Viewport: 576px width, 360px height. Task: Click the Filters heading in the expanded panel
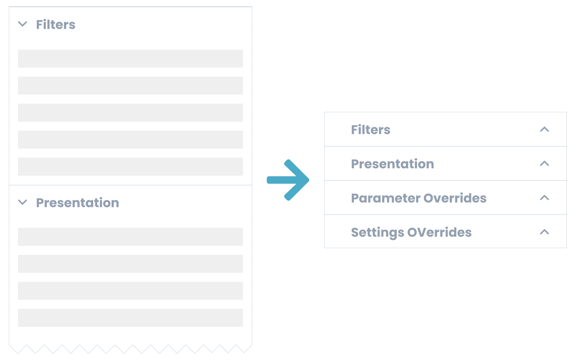coord(56,25)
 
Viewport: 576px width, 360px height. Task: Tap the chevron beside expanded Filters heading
coord(23,24)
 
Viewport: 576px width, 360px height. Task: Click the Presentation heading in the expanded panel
coord(78,203)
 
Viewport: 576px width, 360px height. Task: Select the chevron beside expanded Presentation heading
coord(23,202)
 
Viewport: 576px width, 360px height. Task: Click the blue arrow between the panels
coord(288,180)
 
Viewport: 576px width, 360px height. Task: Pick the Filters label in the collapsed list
coord(371,130)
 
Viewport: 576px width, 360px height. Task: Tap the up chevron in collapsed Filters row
coord(544,129)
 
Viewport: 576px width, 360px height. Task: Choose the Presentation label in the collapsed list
coord(393,164)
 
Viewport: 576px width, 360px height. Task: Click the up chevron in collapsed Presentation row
coord(544,163)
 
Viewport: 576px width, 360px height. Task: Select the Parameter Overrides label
coord(419,198)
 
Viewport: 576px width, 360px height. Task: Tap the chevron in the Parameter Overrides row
coord(544,198)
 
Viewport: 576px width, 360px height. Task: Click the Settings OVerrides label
coord(411,233)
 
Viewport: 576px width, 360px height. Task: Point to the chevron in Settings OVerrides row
coord(544,232)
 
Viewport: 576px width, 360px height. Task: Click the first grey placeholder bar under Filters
coord(130,58)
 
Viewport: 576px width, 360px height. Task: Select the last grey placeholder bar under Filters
coord(130,166)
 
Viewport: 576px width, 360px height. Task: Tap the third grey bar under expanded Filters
coord(130,112)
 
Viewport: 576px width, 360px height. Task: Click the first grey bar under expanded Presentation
coord(130,237)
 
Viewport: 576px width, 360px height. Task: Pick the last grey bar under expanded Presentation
coord(130,318)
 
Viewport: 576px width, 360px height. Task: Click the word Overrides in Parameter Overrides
coord(455,198)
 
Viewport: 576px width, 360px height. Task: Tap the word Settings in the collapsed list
coord(378,233)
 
